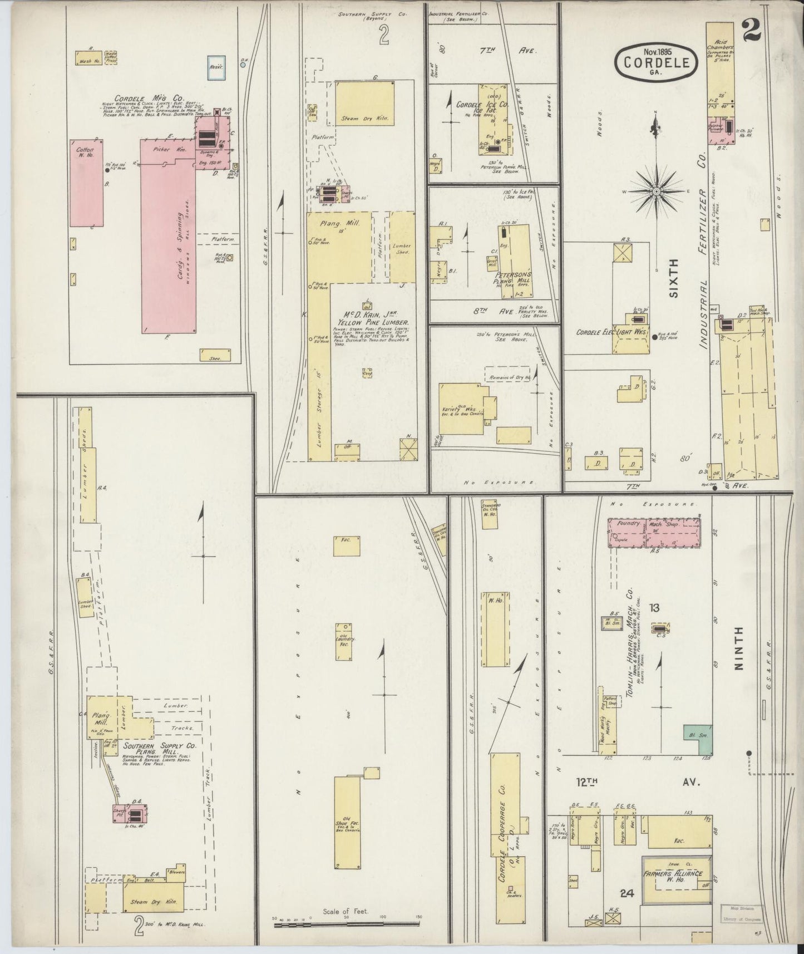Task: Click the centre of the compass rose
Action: pos(657,191)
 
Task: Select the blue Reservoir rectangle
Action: pos(216,65)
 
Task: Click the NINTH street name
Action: pos(738,650)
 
